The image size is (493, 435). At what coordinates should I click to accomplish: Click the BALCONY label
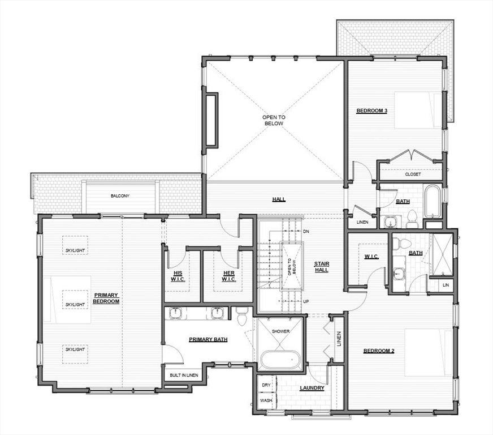[x=120, y=196]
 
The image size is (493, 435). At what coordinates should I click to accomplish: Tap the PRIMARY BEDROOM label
[x=106, y=298]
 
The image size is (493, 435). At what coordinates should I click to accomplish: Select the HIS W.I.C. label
[x=178, y=276]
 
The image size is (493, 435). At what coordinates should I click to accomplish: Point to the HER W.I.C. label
[x=229, y=276]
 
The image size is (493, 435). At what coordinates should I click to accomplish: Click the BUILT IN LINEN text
[x=184, y=375]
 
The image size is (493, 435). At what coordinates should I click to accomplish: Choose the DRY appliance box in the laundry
[x=266, y=385]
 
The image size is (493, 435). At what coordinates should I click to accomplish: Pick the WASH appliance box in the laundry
[x=266, y=400]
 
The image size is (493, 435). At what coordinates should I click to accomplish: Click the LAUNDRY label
[x=312, y=388]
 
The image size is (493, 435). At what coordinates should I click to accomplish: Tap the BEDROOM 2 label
[x=379, y=351]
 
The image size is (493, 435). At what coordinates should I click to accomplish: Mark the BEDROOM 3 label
[x=371, y=110]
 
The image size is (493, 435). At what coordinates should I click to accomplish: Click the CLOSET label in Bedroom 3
[x=413, y=174]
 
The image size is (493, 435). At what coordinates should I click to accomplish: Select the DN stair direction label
[x=306, y=232]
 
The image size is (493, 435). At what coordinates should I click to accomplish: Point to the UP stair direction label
[x=306, y=301]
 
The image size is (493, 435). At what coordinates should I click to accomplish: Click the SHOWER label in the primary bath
[x=281, y=331]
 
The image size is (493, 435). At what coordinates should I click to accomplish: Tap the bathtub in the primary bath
[x=281, y=360]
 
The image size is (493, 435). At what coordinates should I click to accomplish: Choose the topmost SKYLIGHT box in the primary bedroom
[x=75, y=245]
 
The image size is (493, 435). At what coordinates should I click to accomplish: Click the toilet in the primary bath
[x=243, y=317]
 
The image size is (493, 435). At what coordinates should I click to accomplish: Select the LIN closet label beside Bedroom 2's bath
[x=446, y=285]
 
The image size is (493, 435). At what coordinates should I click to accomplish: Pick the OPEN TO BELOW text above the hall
[x=274, y=120]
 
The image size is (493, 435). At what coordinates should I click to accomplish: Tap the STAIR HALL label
[x=322, y=267]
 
